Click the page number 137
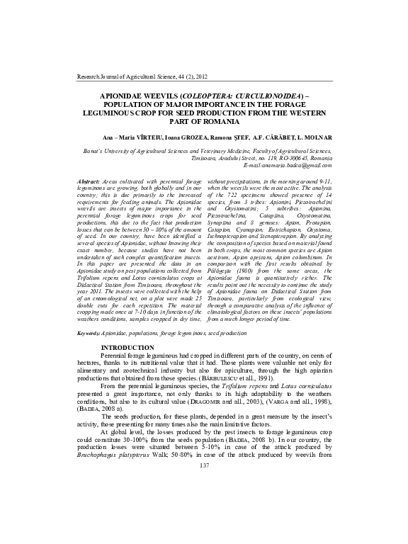tap(204, 504)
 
